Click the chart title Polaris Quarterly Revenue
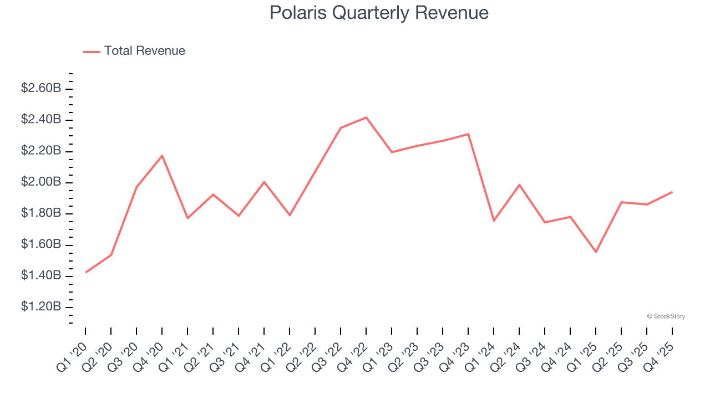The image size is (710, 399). [x=379, y=13]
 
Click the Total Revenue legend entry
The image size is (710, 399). [x=134, y=51]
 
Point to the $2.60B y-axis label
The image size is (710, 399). [x=41, y=88]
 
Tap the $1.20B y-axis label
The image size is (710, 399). [x=41, y=307]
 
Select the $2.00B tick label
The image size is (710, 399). [x=41, y=182]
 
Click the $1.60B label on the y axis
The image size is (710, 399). [x=41, y=244]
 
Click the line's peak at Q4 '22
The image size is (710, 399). [x=366, y=117]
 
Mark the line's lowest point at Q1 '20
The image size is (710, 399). [x=86, y=272]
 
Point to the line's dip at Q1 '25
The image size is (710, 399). [x=596, y=252]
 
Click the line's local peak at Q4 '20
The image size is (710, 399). [x=162, y=156]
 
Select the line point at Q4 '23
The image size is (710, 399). [x=468, y=134]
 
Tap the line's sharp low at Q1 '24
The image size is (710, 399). [x=494, y=221]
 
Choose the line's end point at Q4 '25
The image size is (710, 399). [x=672, y=192]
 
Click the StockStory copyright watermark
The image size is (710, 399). [x=666, y=316]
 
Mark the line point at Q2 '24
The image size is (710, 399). [x=519, y=185]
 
